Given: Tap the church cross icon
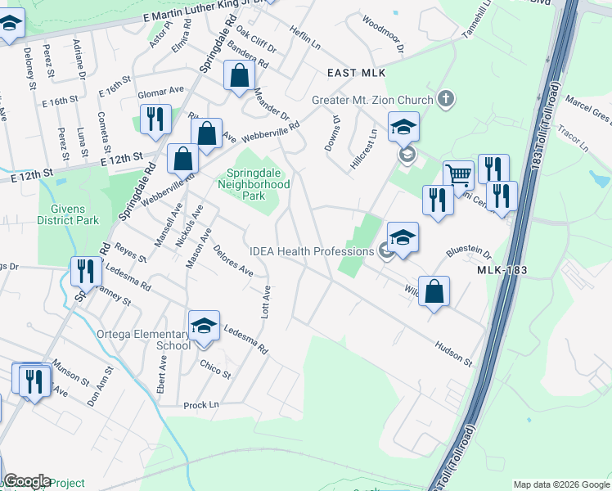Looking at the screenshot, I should (445, 100).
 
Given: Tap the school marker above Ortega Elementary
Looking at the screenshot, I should (204, 326).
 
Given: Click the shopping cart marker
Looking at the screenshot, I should (458, 174).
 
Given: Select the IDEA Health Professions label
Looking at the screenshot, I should (312, 250).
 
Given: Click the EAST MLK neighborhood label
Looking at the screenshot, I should (356, 73).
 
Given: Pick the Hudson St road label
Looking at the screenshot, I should (454, 354).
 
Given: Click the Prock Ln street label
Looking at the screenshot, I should (201, 405).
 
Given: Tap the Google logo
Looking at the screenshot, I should (27, 481).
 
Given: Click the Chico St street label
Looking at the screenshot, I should (215, 368).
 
